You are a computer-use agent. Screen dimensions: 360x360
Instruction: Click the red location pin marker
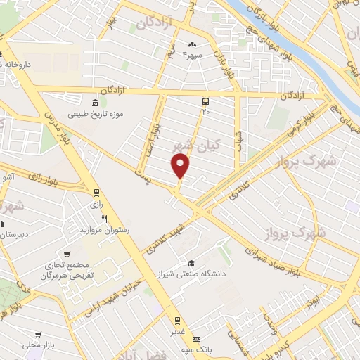[x=181, y=165]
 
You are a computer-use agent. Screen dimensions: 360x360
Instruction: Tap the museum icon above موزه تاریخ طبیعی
[x=96, y=103]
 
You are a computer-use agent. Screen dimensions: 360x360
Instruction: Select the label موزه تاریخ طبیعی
[x=95, y=114]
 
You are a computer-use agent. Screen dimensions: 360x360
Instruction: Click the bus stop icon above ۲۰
[x=205, y=101]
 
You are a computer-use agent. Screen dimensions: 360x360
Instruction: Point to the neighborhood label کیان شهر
[x=198, y=146]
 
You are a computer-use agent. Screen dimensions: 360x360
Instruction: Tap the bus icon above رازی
[x=96, y=193]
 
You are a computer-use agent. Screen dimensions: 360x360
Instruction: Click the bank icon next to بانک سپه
[x=195, y=339]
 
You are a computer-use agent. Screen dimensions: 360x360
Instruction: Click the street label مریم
[x=171, y=51]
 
